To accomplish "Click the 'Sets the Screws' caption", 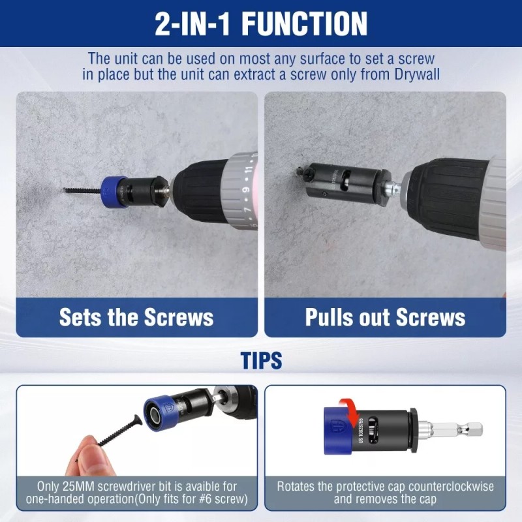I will (x=136, y=317).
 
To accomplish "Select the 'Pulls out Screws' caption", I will (x=385, y=317).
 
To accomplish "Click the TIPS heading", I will (x=261, y=361).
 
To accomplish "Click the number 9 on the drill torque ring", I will (x=245, y=191).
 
